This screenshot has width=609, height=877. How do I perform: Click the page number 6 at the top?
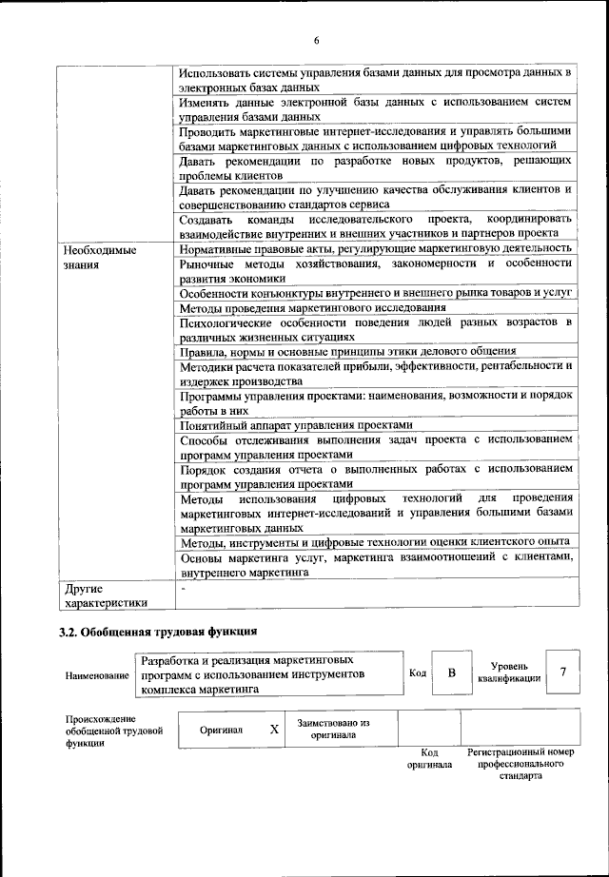[x=316, y=39]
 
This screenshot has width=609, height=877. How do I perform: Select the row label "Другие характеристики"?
[x=106, y=594]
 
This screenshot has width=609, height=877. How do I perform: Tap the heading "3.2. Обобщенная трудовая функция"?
[x=158, y=631]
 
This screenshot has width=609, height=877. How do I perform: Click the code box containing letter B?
[x=452, y=673]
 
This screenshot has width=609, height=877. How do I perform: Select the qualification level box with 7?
[x=563, y=672]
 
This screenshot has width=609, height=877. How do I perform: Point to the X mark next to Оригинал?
[x=274, y=730]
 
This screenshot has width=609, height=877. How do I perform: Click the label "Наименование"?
[x=98, y=675]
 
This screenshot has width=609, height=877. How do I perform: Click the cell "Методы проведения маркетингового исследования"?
[x=312, y=307]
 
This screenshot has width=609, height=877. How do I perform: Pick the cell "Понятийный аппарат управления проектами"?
[x=296, y=425]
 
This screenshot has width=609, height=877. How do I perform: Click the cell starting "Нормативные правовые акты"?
[x=376, y=247]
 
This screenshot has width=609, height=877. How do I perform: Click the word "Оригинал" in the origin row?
[x=221, y=730]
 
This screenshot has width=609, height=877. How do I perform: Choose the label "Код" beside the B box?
[x=417, y=673]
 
